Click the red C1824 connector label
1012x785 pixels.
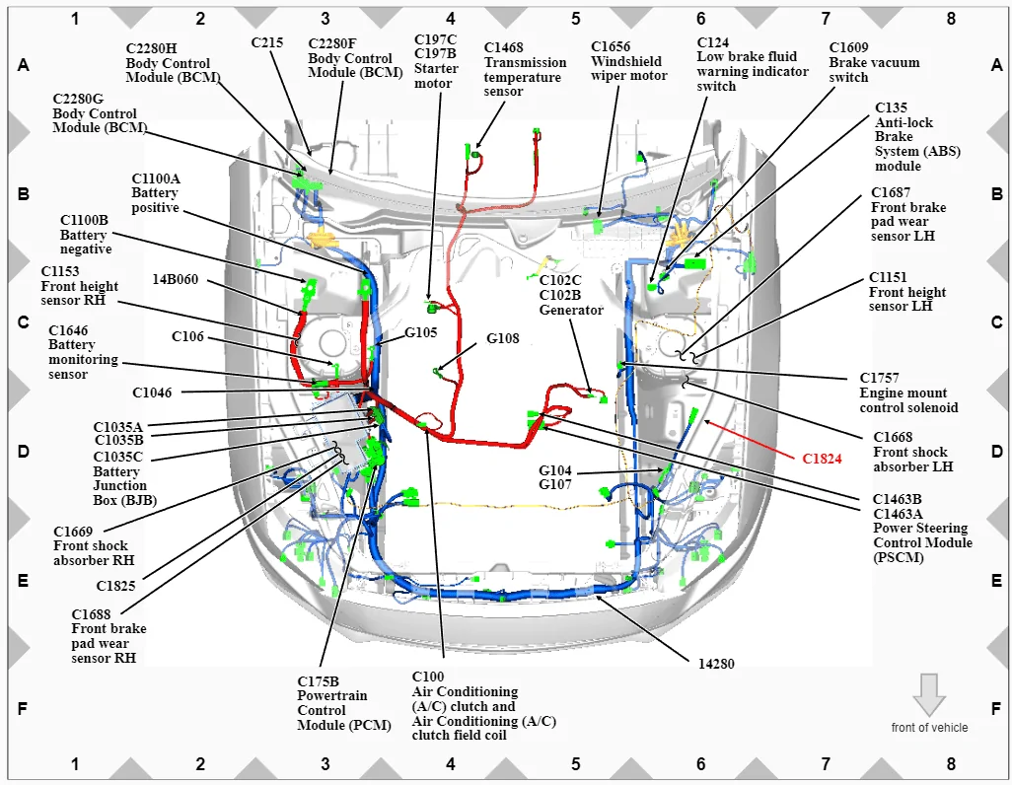click(x=822, y=459)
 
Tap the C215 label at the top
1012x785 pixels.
click(x=266, y=42)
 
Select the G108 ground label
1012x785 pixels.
click(x=502, y=338)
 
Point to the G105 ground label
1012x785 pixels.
click(x=421, y=332)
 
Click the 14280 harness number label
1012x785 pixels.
click(x=716, y=664)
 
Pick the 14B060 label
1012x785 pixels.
click(x=175, y=279)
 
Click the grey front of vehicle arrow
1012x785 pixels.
click(x=929, y=694)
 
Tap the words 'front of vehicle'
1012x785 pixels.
click(x=929, y=728)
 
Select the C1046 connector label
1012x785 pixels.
click(x=152, y=392)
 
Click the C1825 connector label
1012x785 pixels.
click(x=115, y=586)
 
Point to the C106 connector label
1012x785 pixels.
click(x=187, y=336)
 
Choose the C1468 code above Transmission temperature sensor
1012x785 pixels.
click(x=503, y=47)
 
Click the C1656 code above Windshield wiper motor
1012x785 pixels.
click(x=611, y=46)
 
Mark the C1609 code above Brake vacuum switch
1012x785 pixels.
click(x=848, y=47)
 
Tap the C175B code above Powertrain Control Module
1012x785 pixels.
click(x=318, y=681)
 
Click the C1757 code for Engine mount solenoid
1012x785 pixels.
click(x=879, y=378)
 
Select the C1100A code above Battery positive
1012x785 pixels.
click(x=156, y=178)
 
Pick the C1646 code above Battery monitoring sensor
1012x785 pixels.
click(x=68, y=330)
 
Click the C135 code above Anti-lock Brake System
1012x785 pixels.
click(x=891, y=107)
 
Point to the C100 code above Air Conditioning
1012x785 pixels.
click(x=428, y=677)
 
